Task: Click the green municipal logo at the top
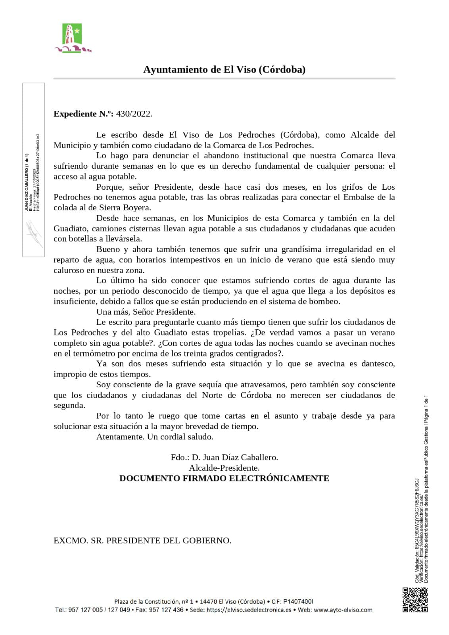point(72,38)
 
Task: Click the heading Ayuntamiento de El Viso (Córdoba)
point(224,69)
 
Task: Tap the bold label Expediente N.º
point(83,114)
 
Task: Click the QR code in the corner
point(415,600)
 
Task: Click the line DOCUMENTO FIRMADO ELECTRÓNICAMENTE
point(224,478)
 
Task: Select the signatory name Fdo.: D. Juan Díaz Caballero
point(224,457)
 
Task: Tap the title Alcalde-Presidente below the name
point(224,468)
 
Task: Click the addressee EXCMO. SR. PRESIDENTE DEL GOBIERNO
point(142,541)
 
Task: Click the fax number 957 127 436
point(166,610)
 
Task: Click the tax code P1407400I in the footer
point(298,602)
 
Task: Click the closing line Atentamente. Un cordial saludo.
point(155,437)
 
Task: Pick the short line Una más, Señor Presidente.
point(146,312)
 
